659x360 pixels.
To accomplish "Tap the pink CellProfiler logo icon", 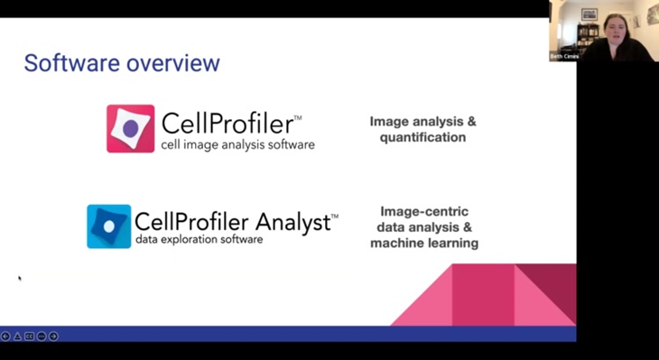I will [x=130, y=128].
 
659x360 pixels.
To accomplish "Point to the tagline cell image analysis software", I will [x=237, y=144].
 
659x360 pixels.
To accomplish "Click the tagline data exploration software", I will [x=199, y=240].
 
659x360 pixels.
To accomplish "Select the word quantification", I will [x=422, y=137].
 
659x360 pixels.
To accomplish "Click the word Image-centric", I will [x=423, y=211].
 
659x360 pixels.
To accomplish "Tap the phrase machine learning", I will [x=423, y=244].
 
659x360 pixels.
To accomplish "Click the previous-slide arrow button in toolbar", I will [x=5, y=336].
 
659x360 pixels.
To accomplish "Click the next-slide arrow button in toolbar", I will [x=53, y=336].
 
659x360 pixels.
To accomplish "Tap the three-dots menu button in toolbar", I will [x=42, y=336].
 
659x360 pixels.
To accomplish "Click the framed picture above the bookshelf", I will [x=589, y=13].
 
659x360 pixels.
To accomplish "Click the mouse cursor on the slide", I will [x=20, y=278].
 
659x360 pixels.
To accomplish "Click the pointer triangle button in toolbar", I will [x=17, y=336].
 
